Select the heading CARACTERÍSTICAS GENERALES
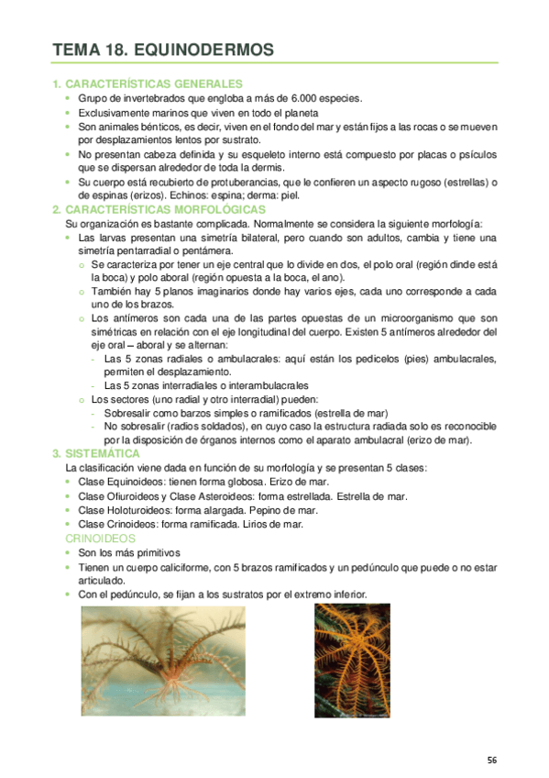(154, 83)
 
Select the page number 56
(492, 760)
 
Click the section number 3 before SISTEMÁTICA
(57, 453)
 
